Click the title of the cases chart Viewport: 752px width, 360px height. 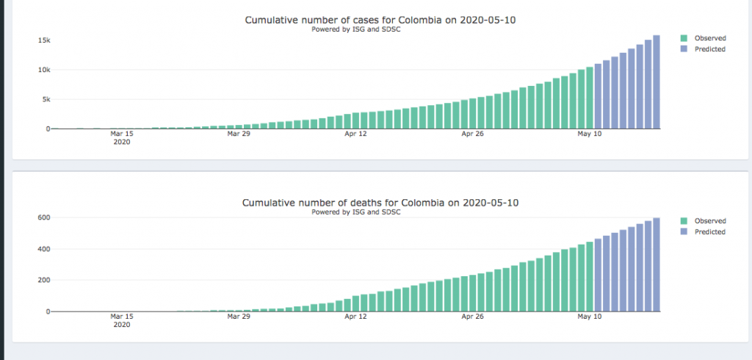pos(380,20)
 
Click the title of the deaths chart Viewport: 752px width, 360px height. pos(380,202)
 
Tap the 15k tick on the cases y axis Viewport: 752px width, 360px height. pos(44,40)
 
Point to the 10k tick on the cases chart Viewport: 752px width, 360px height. pos(44,70)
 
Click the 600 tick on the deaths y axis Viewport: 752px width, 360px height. pos(43,217)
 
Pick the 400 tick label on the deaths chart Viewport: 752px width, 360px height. pos(43,249)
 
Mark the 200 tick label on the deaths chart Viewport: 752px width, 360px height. pos(43,280)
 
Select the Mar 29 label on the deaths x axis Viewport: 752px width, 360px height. pos(238,317)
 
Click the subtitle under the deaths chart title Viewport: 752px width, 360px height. pos(355,212)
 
